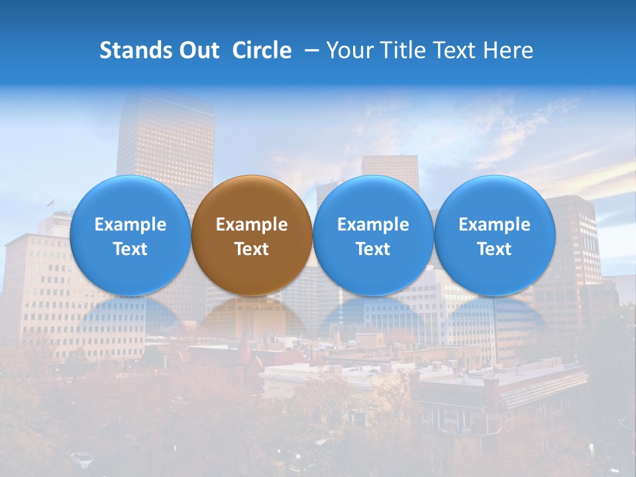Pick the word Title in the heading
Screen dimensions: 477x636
pos(404,50)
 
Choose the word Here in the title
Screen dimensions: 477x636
pos(508,50)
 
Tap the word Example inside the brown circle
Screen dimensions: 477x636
pos(252,225)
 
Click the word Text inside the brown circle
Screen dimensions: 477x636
pos(252,249)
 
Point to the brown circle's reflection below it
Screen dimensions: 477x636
pos(252,315)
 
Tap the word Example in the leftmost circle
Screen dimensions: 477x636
pos(130,225)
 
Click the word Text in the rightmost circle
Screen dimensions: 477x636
pos(495,249)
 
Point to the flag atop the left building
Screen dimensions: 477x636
pos(50,203)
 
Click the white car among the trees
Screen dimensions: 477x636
pos(81,456)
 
